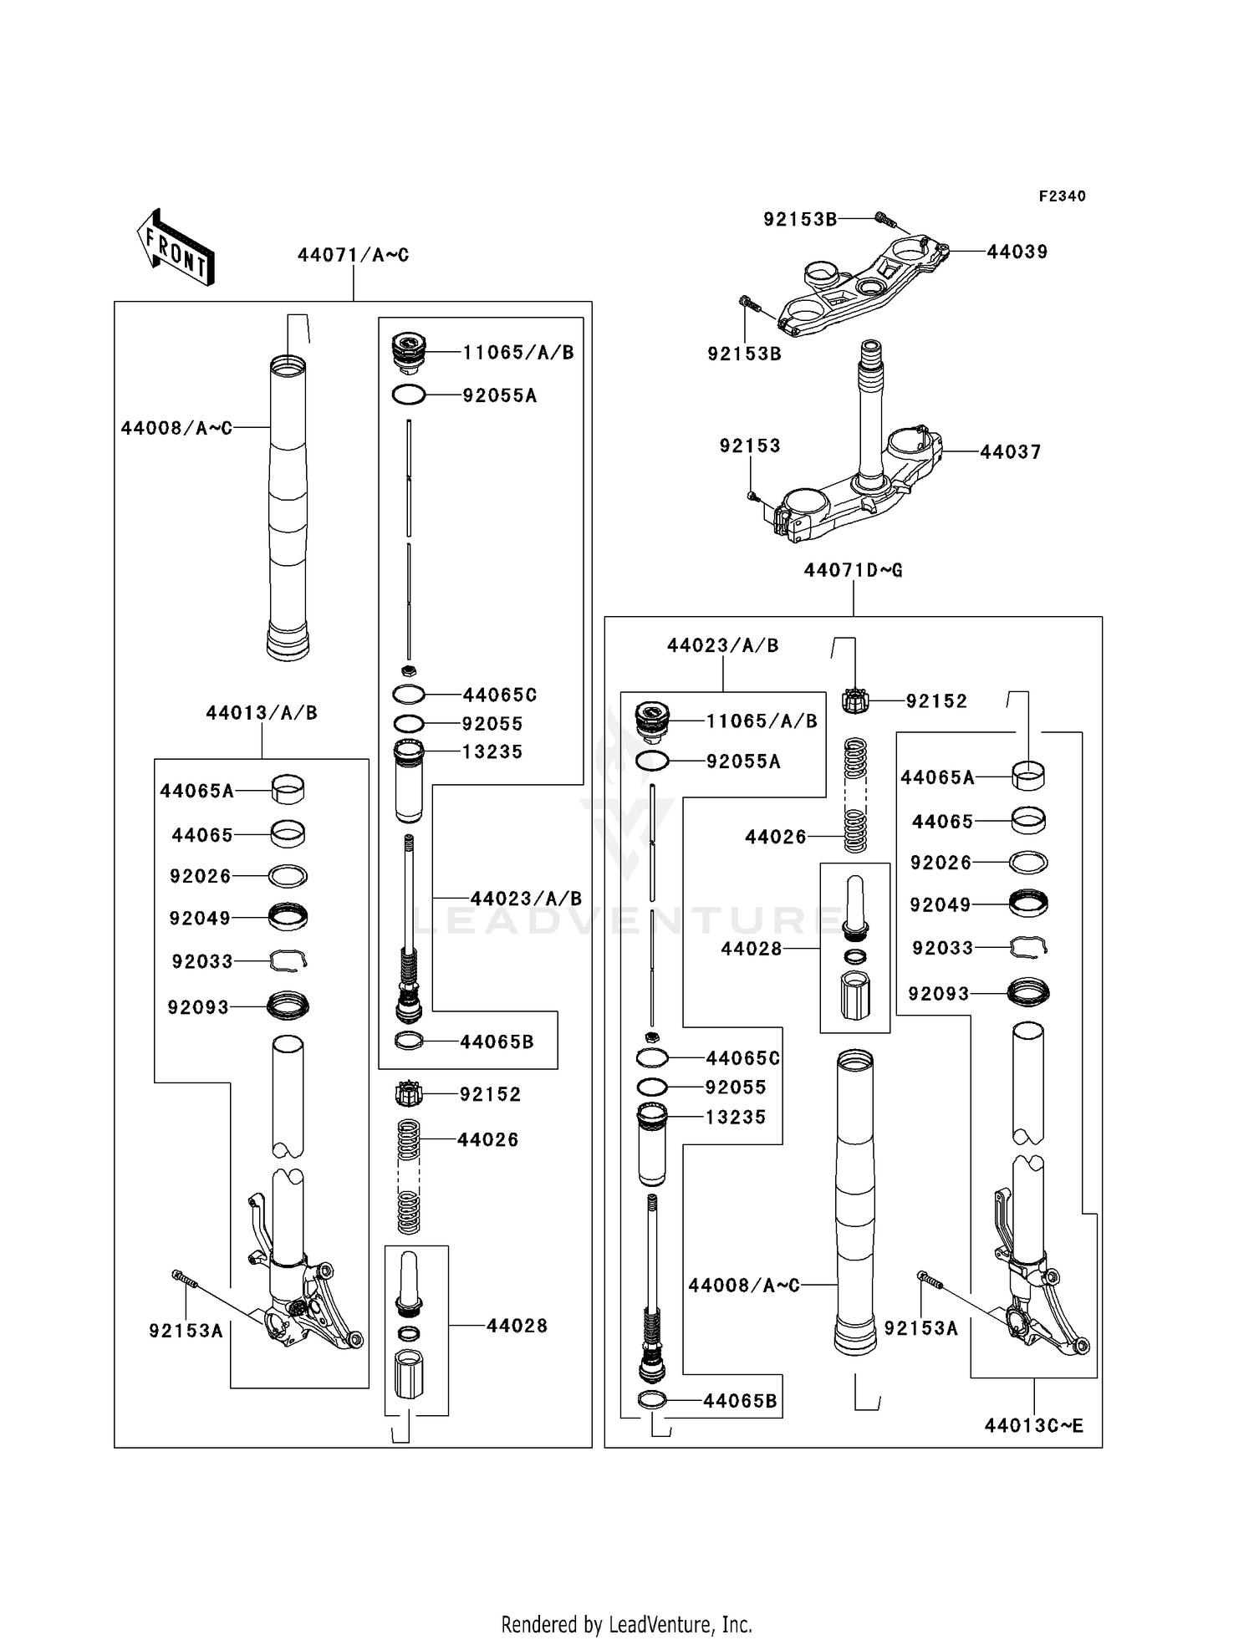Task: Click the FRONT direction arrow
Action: point(176,247)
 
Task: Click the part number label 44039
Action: point(1017,252)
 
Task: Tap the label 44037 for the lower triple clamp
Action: point(1010,452)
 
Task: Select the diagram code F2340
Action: point(1062,196)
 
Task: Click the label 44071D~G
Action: point(853,570)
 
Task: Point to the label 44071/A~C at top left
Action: point(353,255)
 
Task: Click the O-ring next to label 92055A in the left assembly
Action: point(409,395)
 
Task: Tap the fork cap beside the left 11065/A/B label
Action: point(409,353)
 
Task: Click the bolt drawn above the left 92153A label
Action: point(185,1278)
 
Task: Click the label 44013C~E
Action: point(1033,1426)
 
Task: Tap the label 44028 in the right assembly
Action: point(751,949)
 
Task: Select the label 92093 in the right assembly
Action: point(938,994)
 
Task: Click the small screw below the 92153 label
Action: point(752,496)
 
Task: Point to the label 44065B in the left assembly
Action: point(496,1042)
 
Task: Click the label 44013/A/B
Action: point(261,713)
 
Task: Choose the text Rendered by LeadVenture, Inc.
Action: point(626,1624)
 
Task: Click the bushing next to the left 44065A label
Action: point(288,788)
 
